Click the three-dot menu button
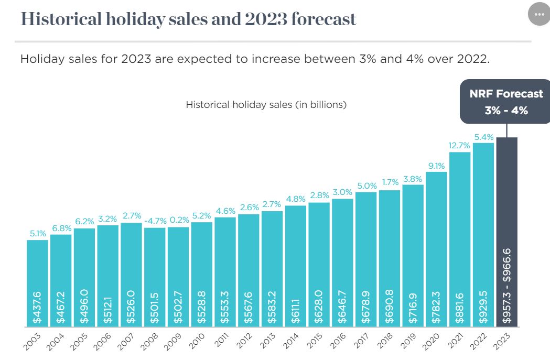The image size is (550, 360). [x=540, y=15]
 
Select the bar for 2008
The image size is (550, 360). [x=155, y=262]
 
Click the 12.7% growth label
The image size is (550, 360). [x=460, y=145]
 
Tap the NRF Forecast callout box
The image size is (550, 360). [x=505, y=102]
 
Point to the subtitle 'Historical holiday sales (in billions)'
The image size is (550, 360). [x=266, y=105]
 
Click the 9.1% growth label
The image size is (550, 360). [x=436, y=165]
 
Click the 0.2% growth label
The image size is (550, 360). [x=178, y=221]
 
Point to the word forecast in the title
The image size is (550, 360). [x=323, y=19]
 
